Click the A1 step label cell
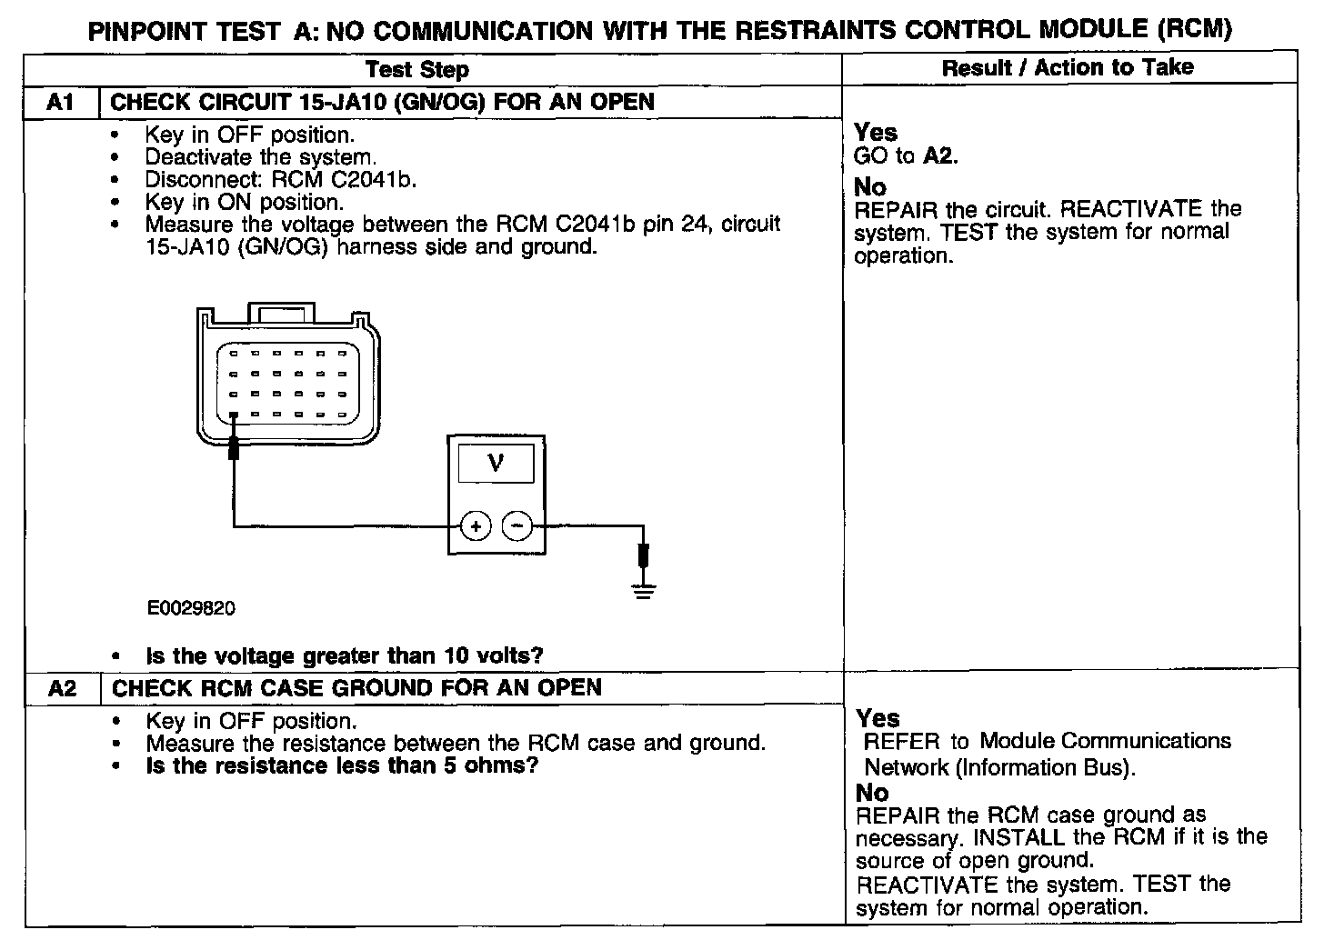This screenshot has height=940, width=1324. [x=60, y=102]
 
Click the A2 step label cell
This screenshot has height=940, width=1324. [x=62, y=688]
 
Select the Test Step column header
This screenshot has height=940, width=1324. [x=417, y=70]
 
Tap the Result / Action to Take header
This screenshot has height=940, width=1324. [x=1068, y=67]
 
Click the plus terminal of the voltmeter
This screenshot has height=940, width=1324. [x=476, y=526]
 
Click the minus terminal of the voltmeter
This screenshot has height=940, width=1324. [x=517, y=526]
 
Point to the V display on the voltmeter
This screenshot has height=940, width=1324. [x=496, y=465]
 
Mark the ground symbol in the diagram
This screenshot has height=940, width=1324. [x=644, y=592]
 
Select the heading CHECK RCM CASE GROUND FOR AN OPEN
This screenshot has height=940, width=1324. [x=356, y=688]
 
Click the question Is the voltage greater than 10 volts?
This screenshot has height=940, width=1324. [x=345, y=655]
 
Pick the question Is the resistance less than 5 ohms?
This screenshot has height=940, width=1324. [x=343, y=765]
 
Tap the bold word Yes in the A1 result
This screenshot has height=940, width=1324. [x=876, y=133]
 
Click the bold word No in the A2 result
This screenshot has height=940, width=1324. [x=873, y=793]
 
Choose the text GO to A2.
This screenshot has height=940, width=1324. [x=906, y=156]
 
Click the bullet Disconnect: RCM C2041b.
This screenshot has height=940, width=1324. [x=280, y=179]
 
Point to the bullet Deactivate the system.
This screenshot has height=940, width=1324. [x=261, y=157]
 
